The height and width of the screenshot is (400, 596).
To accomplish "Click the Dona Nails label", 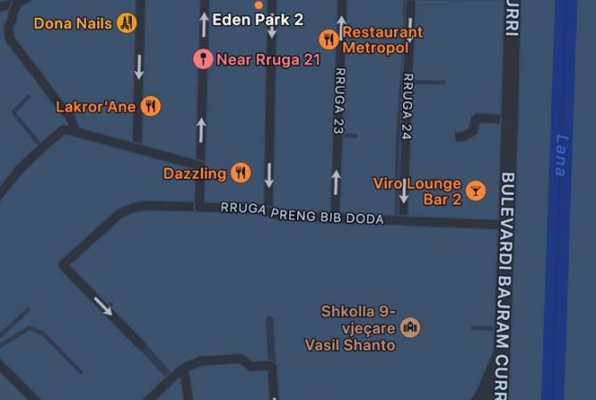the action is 73,23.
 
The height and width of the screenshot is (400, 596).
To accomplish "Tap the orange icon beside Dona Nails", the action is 126,23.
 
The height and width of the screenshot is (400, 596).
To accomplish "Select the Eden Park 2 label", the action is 257,18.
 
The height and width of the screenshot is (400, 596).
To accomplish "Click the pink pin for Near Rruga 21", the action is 203,60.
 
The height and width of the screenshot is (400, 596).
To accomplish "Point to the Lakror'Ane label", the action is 94,107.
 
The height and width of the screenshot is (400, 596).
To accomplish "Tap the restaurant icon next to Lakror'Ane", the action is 150,107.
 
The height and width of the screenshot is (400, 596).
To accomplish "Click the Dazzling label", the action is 194,173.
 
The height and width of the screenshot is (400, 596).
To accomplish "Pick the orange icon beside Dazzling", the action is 239,173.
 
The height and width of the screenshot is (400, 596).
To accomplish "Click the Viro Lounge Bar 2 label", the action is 417,191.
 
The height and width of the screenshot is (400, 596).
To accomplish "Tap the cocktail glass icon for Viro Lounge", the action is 476,190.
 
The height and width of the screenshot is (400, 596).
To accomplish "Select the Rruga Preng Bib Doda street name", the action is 302,213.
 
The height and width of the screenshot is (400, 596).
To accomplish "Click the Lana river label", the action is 560,155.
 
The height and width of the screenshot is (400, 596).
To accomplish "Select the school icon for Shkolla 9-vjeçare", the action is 410,328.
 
